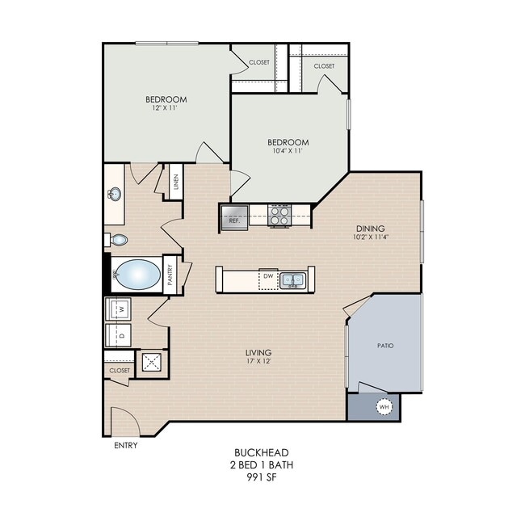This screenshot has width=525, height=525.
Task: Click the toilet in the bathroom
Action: point(116,240)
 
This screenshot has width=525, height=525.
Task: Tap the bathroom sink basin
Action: point(115,194)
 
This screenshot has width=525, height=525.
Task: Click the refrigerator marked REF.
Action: point(234,217)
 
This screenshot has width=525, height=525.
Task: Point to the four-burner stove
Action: point(279,216)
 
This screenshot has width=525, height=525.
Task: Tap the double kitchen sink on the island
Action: point(293,280)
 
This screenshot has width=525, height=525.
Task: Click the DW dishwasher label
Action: point(268,276)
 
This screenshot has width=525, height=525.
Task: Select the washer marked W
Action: point(118,309)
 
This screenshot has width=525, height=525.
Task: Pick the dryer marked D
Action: point(118,335)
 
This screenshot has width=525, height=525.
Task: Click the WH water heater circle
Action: point(384,407)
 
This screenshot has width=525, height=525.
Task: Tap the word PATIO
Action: point(385,346)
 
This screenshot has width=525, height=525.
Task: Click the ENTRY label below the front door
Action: point(125,445)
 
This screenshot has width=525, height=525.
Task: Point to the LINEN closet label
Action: point(176,182)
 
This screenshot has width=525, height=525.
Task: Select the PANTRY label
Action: point(170,275)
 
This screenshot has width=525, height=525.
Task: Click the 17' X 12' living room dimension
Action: point(258,361)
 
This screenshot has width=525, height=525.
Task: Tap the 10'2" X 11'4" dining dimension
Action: point(370,237)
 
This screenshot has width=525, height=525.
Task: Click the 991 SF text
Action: point(262,477)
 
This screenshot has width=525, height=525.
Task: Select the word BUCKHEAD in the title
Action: point(262,452)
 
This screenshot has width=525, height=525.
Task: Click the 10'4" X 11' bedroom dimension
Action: point(288,151)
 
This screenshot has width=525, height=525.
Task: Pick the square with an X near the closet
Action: point(152,362)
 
